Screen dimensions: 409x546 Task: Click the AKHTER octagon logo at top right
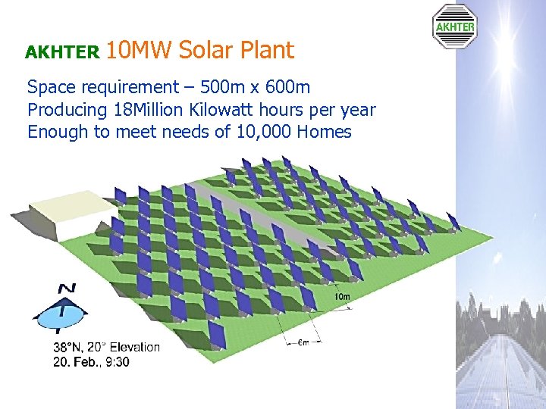point(454,27)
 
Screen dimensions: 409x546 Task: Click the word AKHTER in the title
point(62,52)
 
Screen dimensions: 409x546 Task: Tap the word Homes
point(325,133)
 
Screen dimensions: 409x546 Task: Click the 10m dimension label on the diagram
point(342,297)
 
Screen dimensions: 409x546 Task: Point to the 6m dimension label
point(302,342)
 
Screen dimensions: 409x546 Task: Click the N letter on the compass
point(67,289)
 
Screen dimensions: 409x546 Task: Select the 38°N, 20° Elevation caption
point(106,348)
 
